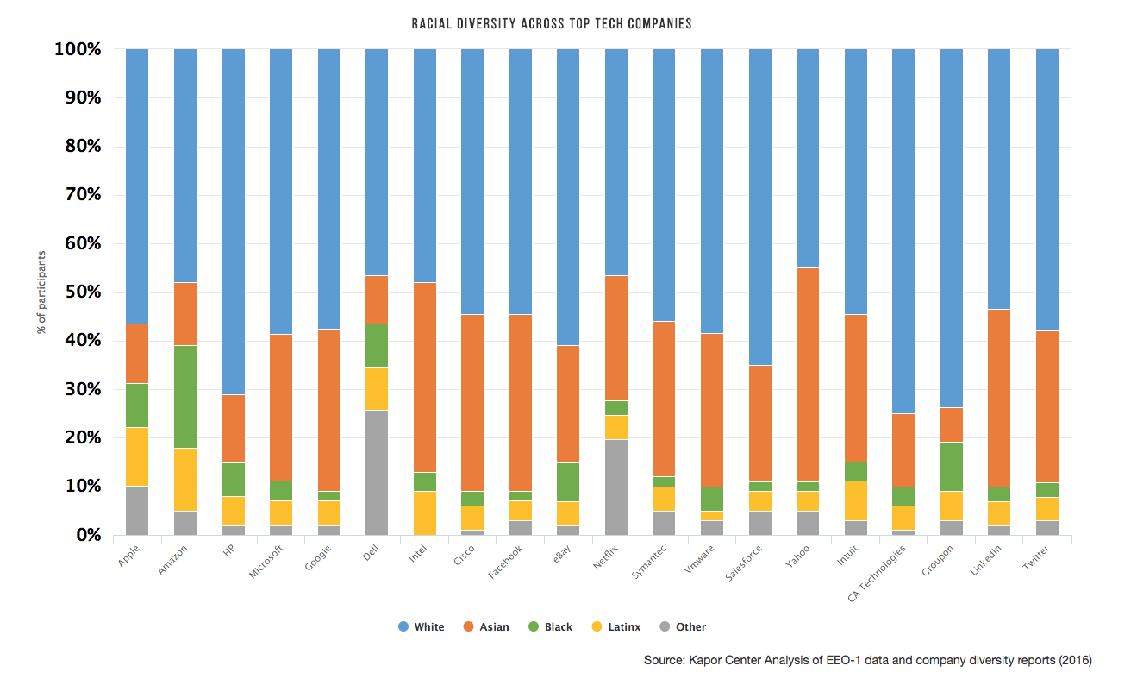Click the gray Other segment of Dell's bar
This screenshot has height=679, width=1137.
[x=377, y=472]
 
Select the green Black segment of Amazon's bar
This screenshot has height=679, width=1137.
[x=185, y=396]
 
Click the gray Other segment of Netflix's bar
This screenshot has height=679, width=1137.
[x=615, y=487]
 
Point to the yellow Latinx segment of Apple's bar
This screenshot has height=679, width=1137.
[x=137, y=456]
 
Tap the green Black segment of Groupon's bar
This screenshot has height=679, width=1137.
[x=951, y=467]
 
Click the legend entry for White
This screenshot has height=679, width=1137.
[x=422, y=627]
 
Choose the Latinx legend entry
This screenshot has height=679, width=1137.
[x=616, y=627]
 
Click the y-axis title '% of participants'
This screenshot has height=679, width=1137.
[x=41, y=293]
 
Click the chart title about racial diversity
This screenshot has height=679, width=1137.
[x=552, y=23]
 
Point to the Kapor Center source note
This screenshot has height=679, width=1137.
[x=867, y=661]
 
